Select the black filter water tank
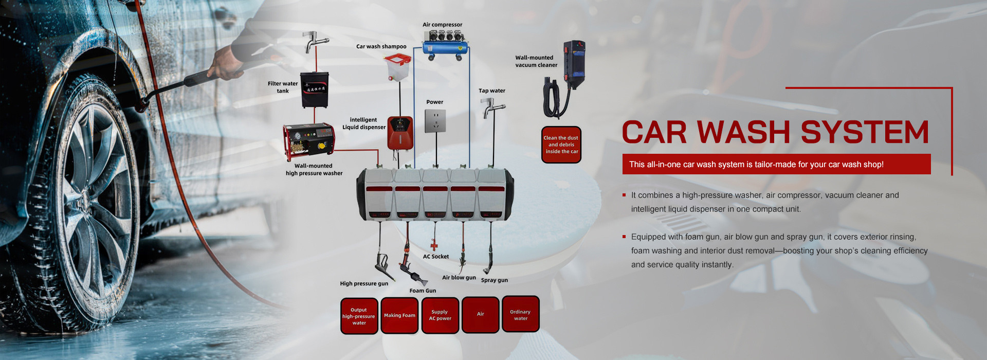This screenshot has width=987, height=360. pos(315,89)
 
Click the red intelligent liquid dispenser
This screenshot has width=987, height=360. pos(400,133)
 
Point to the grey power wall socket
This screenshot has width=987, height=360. pos(435,121)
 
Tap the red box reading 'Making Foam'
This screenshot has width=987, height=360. pos(399,315)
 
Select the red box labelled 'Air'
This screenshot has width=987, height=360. pos(480,314)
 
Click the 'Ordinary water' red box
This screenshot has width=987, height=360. pos(520,314)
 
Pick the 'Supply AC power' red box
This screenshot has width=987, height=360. pos(440,315)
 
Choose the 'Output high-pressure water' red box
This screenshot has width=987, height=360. pos(359,316)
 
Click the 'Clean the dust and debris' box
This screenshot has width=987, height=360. pos(561,145)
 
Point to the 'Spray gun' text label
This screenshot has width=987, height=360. pos(494,280)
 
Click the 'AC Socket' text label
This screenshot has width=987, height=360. pos(436,257)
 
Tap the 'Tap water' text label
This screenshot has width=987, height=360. pos(492,91)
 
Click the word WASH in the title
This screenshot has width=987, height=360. pos(743,132)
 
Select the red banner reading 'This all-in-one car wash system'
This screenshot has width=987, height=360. pos(776,164)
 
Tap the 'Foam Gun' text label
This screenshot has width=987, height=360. pos(423,291)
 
